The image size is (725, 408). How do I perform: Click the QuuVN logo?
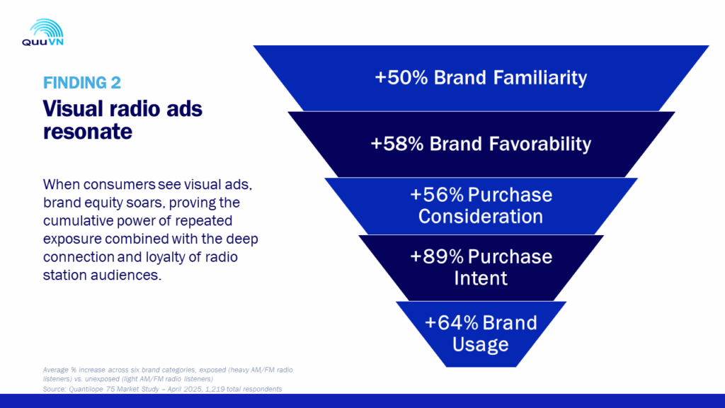[42, 33]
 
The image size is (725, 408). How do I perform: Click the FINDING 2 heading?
[82, 83]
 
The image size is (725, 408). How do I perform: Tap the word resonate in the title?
[87, 131]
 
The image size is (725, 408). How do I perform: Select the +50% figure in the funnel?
[401, 77]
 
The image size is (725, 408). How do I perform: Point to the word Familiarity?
[540, 77]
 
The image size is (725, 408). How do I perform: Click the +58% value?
[397, 143]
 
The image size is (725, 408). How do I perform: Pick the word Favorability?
[540, 143]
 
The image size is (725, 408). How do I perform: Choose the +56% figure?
[437, 195]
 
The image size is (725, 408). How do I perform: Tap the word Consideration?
[481, 217]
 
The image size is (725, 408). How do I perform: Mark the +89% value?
[437, 256]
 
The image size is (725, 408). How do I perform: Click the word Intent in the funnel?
[481, 278]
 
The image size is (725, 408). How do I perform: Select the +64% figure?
[451, 322]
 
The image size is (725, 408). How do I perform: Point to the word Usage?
[481, 345]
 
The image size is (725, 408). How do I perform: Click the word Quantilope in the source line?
[86, 389]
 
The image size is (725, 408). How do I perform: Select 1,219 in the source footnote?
[214, 389]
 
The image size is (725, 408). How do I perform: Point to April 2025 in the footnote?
[185, 389]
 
